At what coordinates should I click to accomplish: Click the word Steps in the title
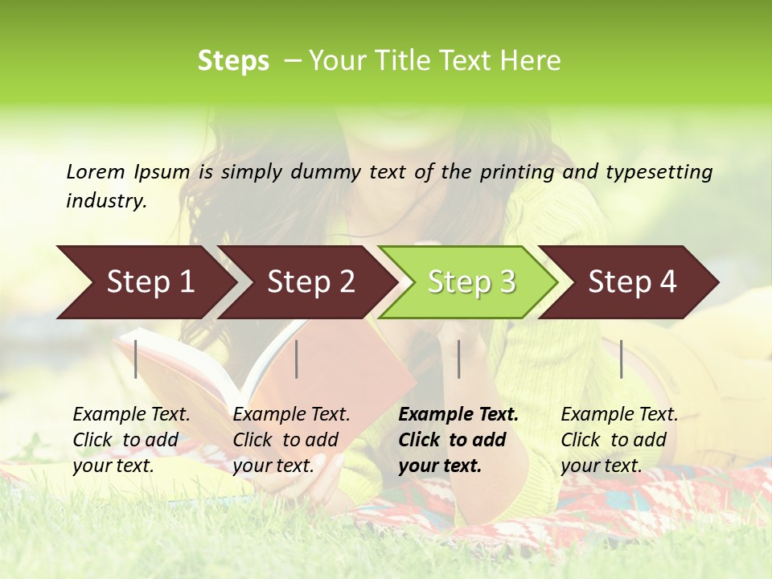(x=233, y=61)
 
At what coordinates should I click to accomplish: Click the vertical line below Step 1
(x=136, y=359)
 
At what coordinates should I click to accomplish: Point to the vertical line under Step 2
(x=297, y=359)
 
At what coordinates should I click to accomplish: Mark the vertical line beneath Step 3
(x=458, y=359)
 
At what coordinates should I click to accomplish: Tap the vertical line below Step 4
(x=621, y=359)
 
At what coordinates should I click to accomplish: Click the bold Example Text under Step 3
(x=458, y=440)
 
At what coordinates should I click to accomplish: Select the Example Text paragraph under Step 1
(x=131, y=440)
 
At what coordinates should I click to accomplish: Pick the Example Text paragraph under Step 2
(x=291, y=440)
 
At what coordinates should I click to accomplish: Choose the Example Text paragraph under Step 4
(x=619, y=440)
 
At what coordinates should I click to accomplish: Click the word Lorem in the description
(x=96, y=171)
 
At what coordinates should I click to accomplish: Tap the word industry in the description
(x=105, y=200)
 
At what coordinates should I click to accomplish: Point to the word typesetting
(x=659, y=171)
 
